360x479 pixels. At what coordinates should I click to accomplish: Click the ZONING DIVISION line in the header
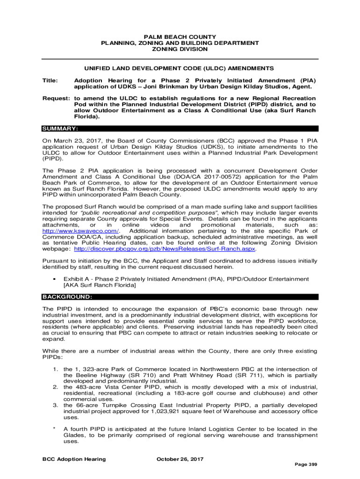pyautogui.click(x=180, y=49)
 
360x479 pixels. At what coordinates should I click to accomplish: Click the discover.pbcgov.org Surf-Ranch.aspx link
pyautogui.click(x=166, y=249)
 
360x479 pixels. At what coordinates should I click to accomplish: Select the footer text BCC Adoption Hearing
pyautogui.click(x=74, y=459)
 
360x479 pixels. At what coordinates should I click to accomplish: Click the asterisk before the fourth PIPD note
pyautogui.click(x=54, y=429)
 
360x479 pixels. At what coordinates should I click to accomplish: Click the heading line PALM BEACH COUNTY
pyautogui.click(x=180, y=37)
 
